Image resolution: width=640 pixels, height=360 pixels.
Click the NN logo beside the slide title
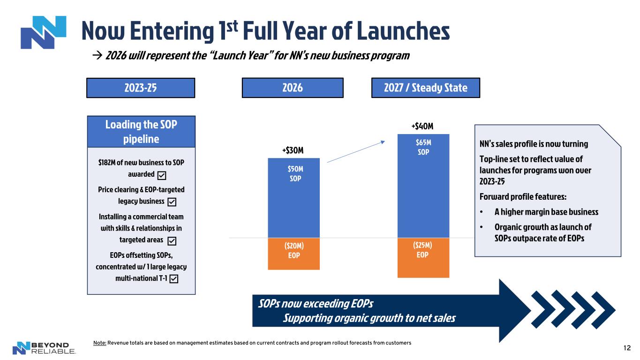pos(43,32)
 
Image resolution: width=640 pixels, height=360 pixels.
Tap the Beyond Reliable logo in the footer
pos(44,348)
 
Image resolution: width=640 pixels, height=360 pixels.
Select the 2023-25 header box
pos(141,88)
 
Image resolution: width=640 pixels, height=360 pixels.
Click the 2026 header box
pos(293,88)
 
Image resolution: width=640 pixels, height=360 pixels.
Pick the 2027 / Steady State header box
pos(426,88)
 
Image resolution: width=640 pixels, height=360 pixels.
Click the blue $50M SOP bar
pos(294,197)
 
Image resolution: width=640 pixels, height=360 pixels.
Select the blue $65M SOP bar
pos(423,186)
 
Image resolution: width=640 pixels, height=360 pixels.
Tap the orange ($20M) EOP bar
pos(294,254)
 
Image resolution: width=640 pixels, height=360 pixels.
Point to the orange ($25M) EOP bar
pos(423,258)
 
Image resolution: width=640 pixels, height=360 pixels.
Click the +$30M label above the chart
pos(293,150)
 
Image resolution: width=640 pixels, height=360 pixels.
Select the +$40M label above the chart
pos(422,126)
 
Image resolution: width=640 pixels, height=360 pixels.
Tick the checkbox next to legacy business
pos(172,202)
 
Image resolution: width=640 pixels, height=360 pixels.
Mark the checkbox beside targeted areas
pos(172,240)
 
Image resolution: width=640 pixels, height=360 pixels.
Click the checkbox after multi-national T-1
pos(173,279)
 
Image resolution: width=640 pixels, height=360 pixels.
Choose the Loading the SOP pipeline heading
pos(141,132)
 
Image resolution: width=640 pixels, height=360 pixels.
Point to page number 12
pos(627,347)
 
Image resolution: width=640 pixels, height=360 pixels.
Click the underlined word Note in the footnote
pos(99,343)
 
